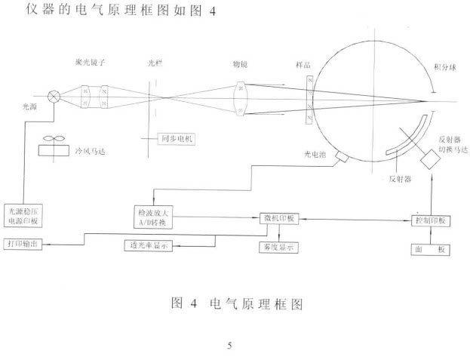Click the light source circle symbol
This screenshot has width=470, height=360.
[x=54, y=97]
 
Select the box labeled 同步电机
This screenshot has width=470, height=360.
[x=177, y=139]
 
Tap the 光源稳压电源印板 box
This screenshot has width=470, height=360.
[x=23, y=216]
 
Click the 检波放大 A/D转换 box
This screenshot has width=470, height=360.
[x=153, y=217]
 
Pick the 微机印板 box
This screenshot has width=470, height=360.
[x=279, y=219]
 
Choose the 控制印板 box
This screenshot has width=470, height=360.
[x=431, y=221]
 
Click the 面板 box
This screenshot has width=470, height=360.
[x=431, y=250]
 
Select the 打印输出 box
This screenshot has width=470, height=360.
[x=23, y=244]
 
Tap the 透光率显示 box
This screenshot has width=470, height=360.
[x=149, y=245]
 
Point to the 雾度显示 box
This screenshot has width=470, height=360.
[x=278, y=248]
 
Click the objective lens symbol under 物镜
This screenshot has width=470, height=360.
[x=241, y=99]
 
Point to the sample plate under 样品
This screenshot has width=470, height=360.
[x=309, y=100]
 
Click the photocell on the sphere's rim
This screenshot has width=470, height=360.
[x=342, y=156]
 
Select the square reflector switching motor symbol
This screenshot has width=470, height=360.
[x=431, y=159]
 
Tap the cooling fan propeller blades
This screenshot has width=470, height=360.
[x=54, y=138]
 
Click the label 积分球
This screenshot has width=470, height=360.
[x=445, y=67]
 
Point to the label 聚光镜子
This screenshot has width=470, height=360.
[x=90, y=63]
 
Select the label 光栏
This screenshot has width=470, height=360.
[x=155, y=63]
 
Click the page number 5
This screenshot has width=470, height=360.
[x=229, y=346]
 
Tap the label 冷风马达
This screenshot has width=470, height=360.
[x=90, y=151]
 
